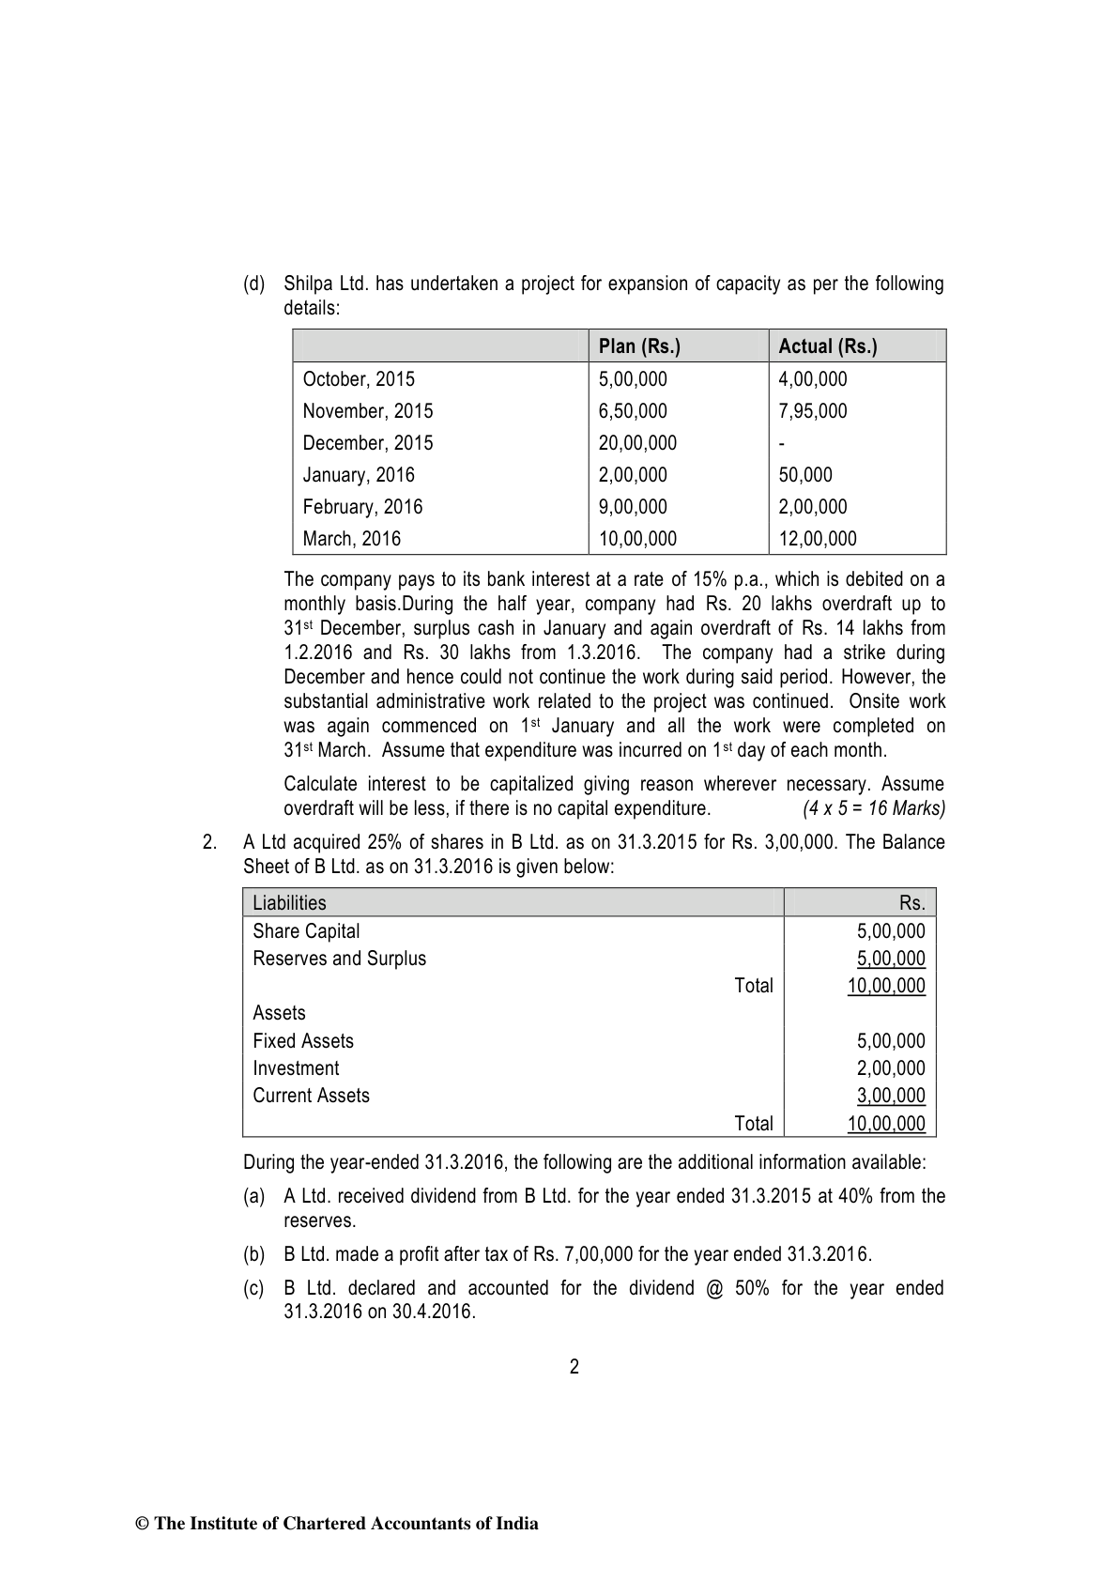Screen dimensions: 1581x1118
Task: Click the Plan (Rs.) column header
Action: pyautogui.click(x=639, y=346)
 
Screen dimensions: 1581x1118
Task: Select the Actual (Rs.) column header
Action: pyautogui.click(x=827, y=346)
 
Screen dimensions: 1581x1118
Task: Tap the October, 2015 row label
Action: pyautogui.click(x=358, y=379)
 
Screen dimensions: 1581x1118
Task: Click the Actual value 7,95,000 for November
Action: pyautogui.click(x=812, y=411)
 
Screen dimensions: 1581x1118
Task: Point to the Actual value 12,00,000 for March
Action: pyautogui.click(x=817, y=539)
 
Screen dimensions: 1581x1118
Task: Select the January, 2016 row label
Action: pyautogui.click(x=358, y=475)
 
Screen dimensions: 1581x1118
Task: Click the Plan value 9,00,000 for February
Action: pyautogui.click(x=633, y=507)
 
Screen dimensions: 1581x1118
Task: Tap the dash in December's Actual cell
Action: pyautogui.click(x=782, y=444)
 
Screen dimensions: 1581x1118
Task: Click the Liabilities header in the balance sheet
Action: pyautogui.click(x=289, y=903)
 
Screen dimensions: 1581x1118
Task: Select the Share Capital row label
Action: pyautogui.click(x=306, y=931)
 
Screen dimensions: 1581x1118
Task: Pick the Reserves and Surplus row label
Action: pyautogui.click(x=339, y=959)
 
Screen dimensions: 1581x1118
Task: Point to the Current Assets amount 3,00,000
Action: pyautogui.click(x=891, y=1096)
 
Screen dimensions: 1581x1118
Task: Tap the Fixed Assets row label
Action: pyautogui.click(x=303, y=1041)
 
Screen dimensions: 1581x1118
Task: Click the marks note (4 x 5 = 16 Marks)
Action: pyautogui.click(x=874, y=808)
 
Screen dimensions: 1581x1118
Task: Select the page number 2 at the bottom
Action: pyautogui.click(x=574, y=1367)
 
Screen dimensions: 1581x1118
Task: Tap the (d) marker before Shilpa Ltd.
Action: pyautogui.click(x=253, y=284)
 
